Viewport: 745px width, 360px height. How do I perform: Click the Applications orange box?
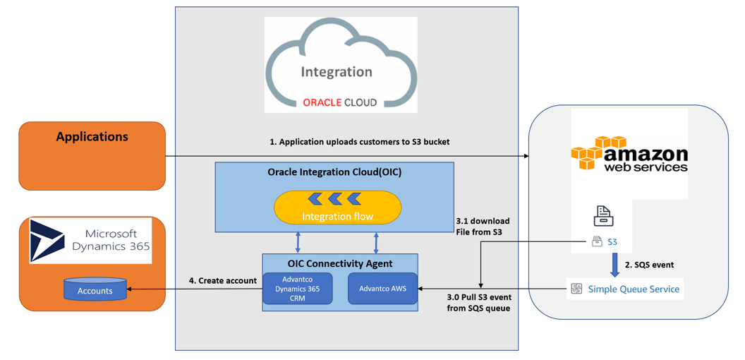coord(92,156)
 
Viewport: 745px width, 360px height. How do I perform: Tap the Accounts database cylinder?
coord(95,289)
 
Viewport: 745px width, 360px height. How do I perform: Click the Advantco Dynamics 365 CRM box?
coord(298,289)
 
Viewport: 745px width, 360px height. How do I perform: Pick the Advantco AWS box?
coord(382,289)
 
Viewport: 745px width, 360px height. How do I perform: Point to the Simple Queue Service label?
coord(633,289)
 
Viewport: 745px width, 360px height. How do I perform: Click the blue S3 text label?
coord(612,242)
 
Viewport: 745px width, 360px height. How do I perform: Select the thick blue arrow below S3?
coord(614,264)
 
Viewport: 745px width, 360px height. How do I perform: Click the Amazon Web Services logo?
coord(629,155)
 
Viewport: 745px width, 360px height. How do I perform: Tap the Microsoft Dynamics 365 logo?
coord(90,241)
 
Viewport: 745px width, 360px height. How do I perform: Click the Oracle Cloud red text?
coord(339,102)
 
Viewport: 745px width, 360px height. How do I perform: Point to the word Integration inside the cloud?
coord(336,72)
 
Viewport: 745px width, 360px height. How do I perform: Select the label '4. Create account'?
coord(222,280)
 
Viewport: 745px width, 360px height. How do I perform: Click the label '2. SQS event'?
coord(649,265)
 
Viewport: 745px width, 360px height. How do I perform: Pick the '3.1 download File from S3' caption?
coord(483,226)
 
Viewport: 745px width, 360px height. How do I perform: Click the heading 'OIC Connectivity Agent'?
coord(340,263)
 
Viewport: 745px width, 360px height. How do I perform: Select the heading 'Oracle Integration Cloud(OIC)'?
coord(334,172)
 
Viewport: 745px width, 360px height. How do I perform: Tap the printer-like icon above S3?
coord(603,215)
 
